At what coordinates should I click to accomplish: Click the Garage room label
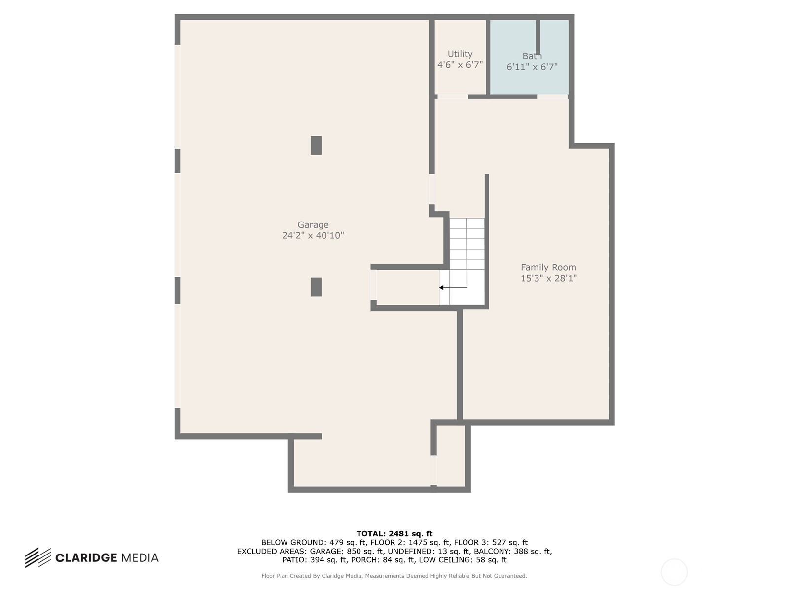tap(313, 224)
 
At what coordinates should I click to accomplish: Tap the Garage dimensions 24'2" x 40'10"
tap(313, 235)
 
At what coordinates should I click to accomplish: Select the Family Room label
tap(548, 267)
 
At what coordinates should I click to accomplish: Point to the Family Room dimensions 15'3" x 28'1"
tap(548, 278)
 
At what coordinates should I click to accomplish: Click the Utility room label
tap(460, 54)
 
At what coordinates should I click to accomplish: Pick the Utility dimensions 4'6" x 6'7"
tap(460, 65)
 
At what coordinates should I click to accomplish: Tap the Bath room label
tap(532, 56)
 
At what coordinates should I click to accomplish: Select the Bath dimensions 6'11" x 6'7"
tap(532, 67)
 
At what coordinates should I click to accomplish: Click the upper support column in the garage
tap(316, 145)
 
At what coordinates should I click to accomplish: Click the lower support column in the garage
tap(316, 287)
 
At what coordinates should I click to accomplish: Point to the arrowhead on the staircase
tap(441, 288)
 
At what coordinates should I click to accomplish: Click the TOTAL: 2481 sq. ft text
tap(394, 534)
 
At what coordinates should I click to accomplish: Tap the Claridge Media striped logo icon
tap(38, 558)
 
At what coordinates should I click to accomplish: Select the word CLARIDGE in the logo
tap(86, 558)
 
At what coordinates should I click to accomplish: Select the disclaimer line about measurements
tap(394, 576)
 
